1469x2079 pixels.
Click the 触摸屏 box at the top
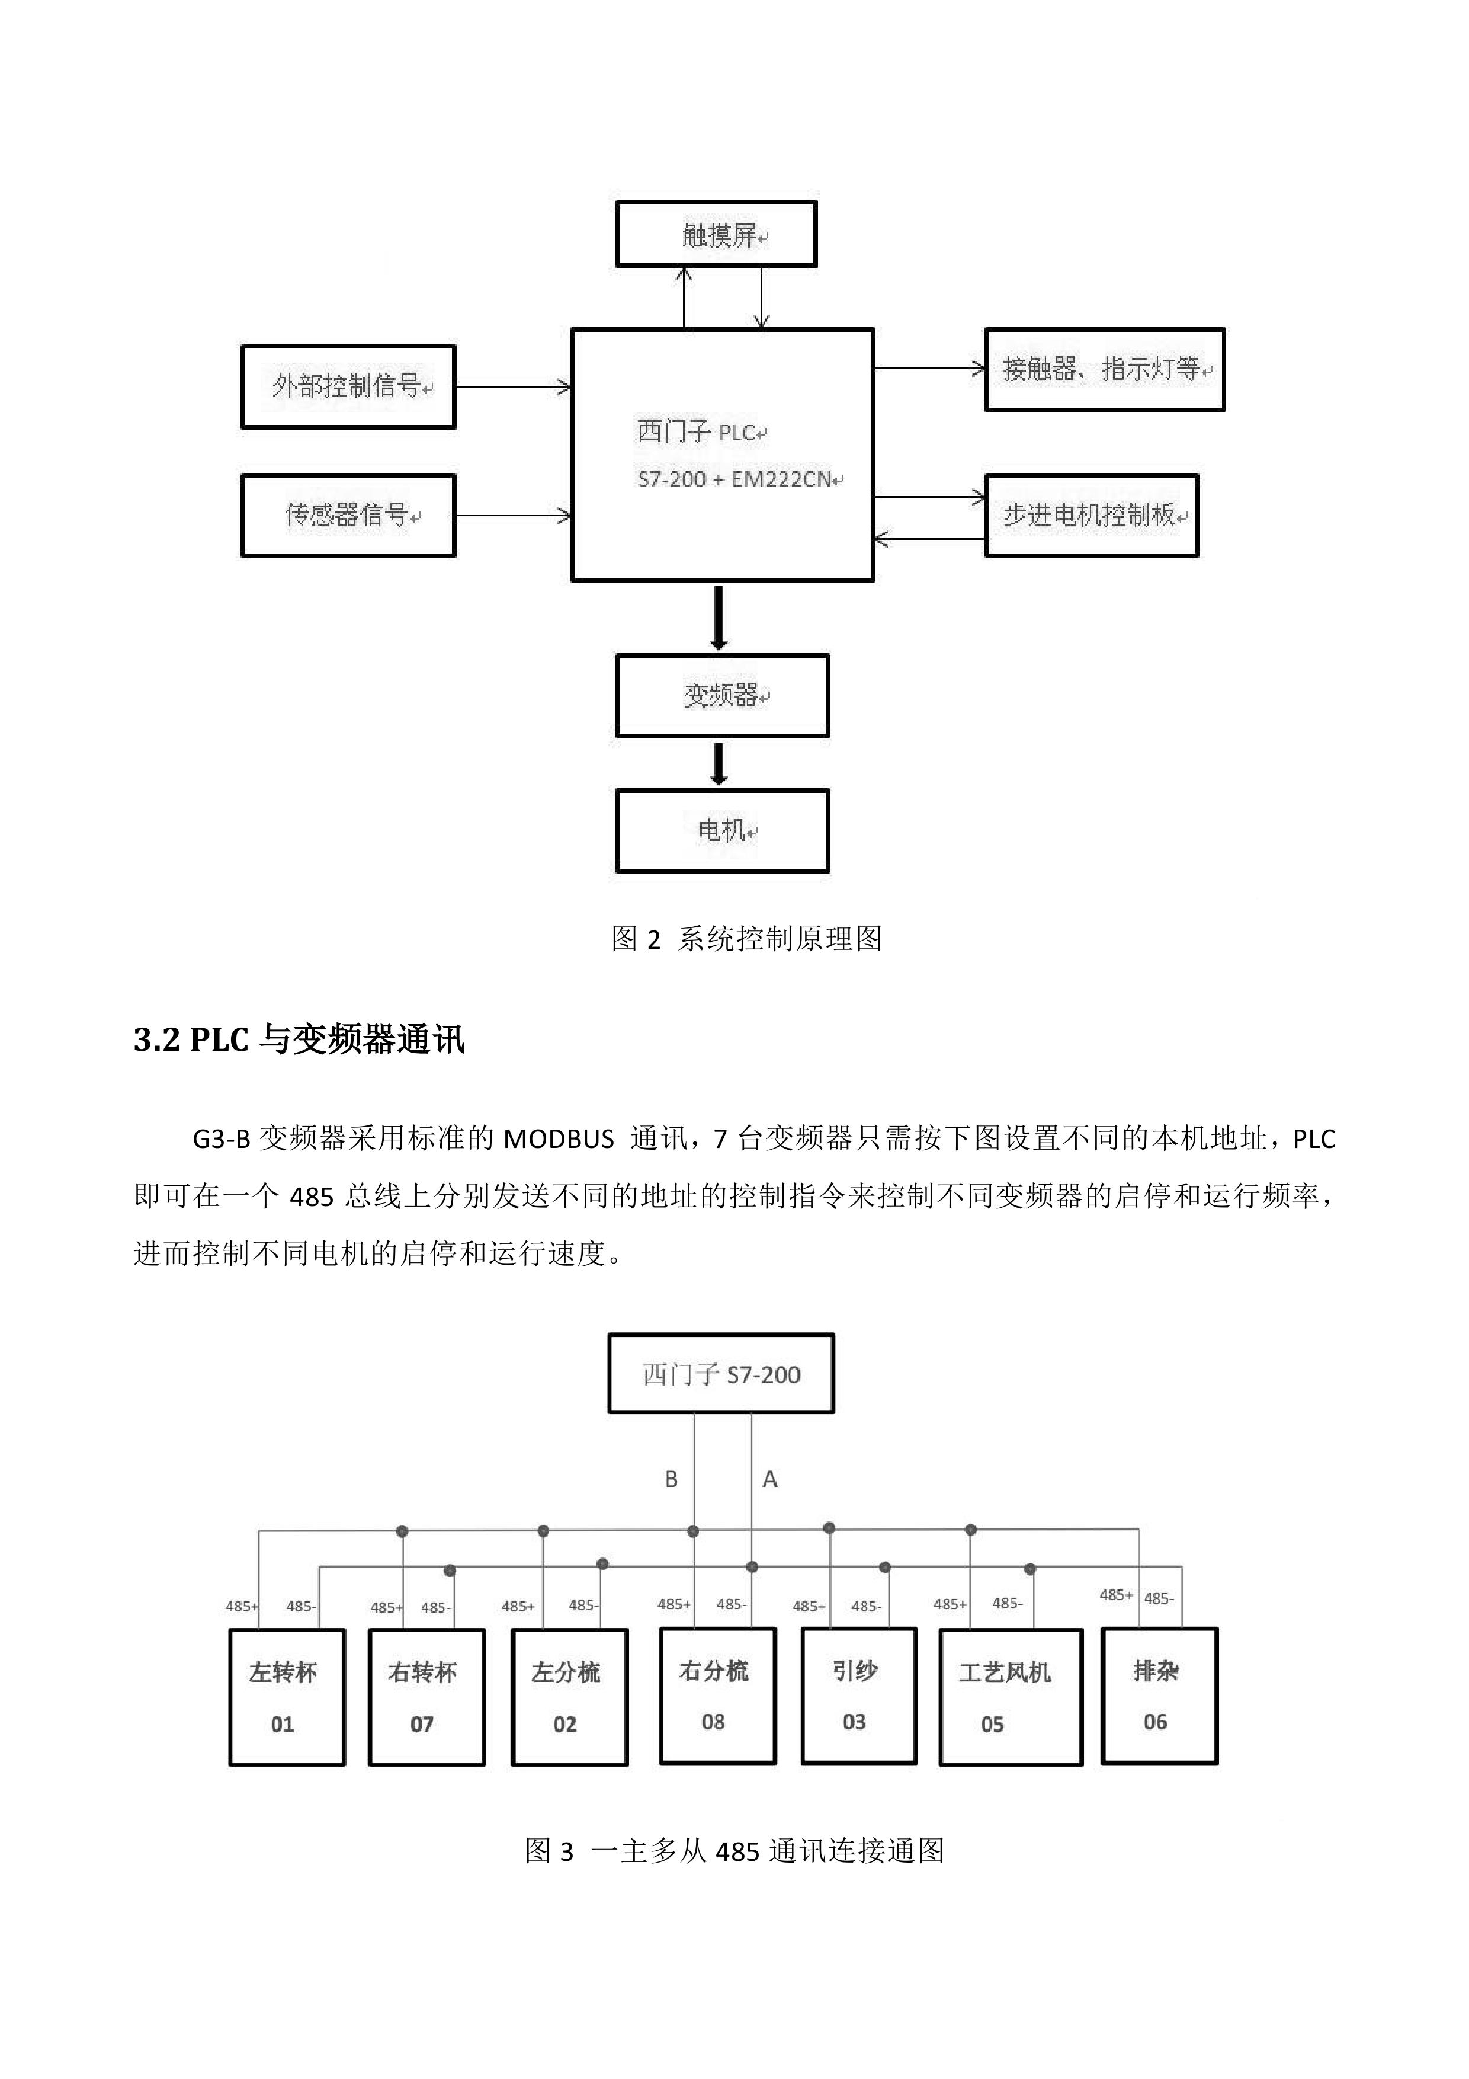click(x=716, y=235)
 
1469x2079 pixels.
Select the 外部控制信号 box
click(x=348, y=386)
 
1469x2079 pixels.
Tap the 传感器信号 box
click(x=348, y=515)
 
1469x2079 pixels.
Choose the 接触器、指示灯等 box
click(x=1104, y=369)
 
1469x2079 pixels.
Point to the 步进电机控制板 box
click(x=1092, y=515)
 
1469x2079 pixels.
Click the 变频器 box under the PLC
click(x=722, y=695)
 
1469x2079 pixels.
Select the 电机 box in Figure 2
click(x=722, y=830)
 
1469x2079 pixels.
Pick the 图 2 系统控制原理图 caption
click(x=747, y=939)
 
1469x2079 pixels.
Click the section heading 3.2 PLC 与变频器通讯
click(x=299, y=1039)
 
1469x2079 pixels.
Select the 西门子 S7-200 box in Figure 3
click(x=721, y=1374)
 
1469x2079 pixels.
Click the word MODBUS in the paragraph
click(x=559, y=1139)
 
